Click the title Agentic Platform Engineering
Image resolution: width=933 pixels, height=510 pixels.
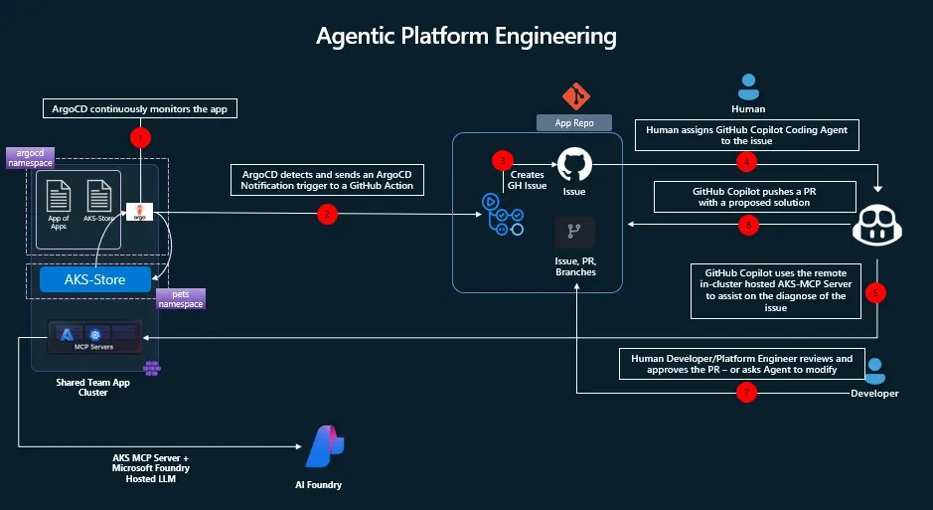click(466, 36)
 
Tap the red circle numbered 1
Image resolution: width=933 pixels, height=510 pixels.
click(141, 136)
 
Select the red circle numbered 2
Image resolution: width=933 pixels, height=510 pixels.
click(326, 213)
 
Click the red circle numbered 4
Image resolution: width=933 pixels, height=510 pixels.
click(748, 161)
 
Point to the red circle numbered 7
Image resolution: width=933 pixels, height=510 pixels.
click(748, 393)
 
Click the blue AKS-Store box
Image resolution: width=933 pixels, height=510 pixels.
click(95, 279)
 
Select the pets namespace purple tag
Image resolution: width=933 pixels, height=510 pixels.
click(181, 298)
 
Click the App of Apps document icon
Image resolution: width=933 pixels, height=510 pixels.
click(59, 194)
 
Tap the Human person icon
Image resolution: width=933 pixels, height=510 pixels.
click(747, 85)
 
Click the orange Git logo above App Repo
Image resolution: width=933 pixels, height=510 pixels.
click(575, 96)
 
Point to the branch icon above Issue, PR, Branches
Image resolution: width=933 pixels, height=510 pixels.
click(574, 231)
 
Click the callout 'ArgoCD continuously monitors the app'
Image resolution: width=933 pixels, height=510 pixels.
click(140, 109)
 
